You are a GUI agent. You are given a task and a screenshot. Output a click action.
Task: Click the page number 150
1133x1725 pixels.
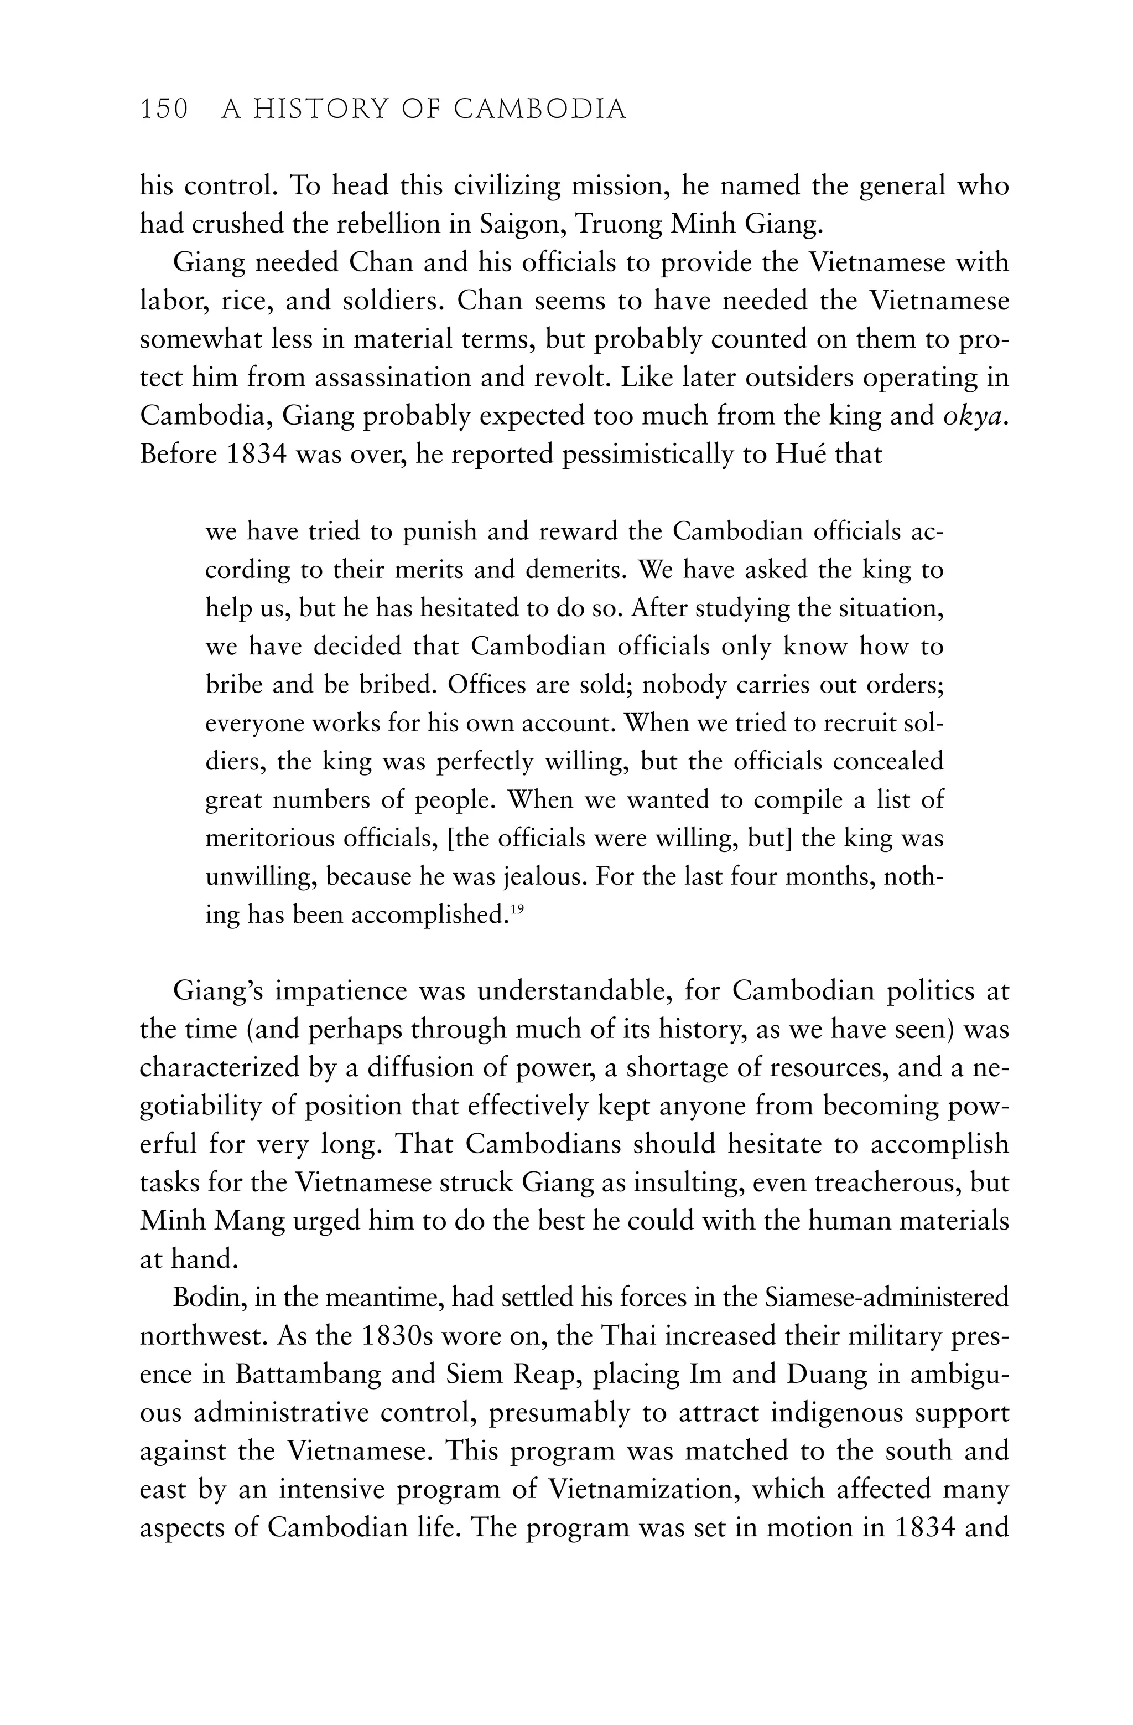pyautogui.click(x=164, y=110)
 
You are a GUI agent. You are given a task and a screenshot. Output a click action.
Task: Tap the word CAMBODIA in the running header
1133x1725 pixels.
pyautogui.click(x=540, y=110)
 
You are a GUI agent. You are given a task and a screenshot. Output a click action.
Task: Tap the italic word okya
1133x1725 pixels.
pyautogui.click(x=976, y=416)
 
